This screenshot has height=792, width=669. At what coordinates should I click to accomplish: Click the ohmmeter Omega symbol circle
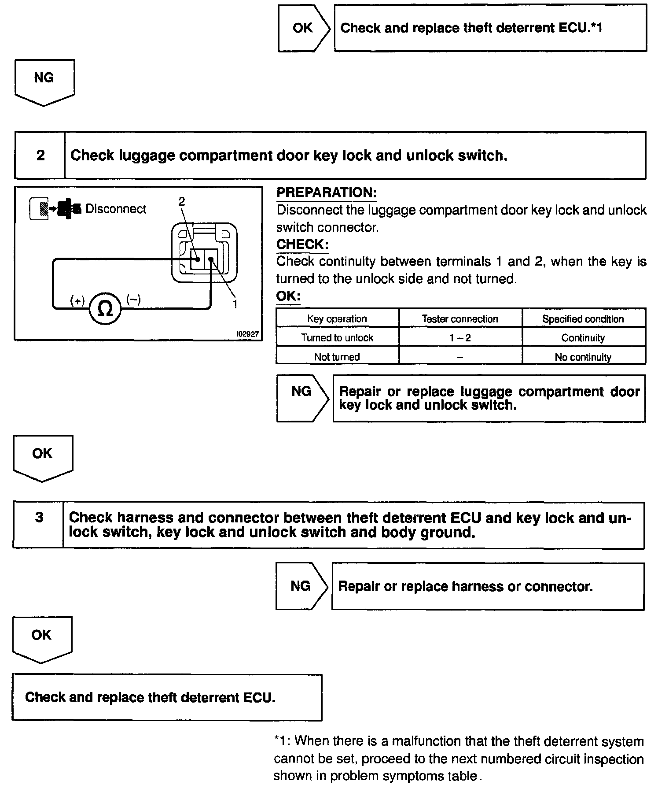105,308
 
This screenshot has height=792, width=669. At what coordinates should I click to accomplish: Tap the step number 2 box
40,155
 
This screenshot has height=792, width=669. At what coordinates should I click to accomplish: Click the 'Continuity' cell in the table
583,338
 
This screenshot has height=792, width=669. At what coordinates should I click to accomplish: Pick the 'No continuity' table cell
583,357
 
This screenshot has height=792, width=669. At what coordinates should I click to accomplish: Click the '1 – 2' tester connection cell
460,338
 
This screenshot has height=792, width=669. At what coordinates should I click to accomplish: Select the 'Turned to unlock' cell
337,338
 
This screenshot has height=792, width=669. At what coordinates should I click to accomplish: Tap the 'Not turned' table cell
337,357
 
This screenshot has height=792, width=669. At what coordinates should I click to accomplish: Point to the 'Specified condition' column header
583,319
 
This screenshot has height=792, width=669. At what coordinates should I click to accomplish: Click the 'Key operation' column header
337,319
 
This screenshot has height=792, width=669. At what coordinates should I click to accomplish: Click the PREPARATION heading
327,192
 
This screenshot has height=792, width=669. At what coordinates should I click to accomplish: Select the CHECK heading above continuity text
302,244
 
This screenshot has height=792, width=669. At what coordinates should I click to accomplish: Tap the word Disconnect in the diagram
116,209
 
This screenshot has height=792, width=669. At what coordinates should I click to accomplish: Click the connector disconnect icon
55,209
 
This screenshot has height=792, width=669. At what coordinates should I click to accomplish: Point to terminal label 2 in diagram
181,201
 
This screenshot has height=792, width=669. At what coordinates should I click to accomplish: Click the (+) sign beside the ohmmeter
77,301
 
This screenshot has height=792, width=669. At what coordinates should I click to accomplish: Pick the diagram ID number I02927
248,334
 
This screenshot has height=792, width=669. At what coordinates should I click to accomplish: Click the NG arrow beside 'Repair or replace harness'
301,586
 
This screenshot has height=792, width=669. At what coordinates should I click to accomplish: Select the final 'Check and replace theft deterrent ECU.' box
167,697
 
